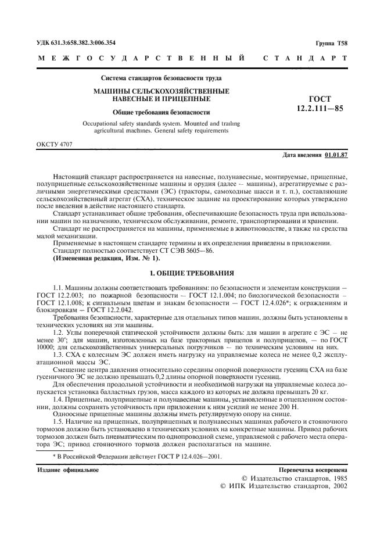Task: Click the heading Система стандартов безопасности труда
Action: point(161,78)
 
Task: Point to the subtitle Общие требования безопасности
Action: point(161,112)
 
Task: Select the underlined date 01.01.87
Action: point(336,156)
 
